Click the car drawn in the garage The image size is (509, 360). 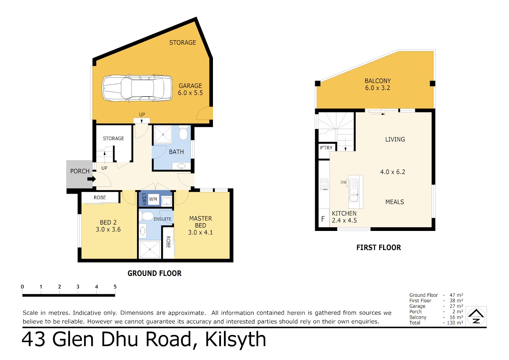(137, 88)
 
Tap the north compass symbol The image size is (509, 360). (476, 316)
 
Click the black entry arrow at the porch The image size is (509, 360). (92, 179)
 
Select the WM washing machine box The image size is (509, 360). (153, 200)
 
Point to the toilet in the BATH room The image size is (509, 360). (183, 132)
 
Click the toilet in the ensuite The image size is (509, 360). (146, 216)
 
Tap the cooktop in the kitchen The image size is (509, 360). (324, 184)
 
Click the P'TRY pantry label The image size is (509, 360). (326, 148)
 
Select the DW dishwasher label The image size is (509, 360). (343, 182)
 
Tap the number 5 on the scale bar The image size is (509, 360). (115, 287)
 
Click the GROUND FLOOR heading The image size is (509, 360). (154, 273)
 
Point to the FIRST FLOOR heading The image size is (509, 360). (378, 247)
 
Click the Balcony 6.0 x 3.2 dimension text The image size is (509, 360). (378, 88)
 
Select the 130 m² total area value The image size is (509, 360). (455, 323)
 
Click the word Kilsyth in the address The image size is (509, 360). (235, 340)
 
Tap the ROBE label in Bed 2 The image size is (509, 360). (100, 198)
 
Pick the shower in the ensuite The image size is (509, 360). (150, 250)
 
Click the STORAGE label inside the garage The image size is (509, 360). (182, 42)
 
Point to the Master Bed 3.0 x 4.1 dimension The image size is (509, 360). (200, 232)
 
